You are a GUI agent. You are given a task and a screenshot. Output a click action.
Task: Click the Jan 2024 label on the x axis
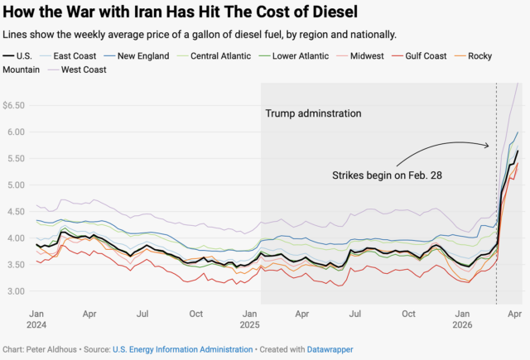[x=36, y=319]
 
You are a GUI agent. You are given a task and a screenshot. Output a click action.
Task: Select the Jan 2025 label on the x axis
[x=249, y=319]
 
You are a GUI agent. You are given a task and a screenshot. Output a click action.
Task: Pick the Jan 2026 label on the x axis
[x=462, y=319]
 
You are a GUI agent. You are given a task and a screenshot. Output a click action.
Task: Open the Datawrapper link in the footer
[x=330, y=350]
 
